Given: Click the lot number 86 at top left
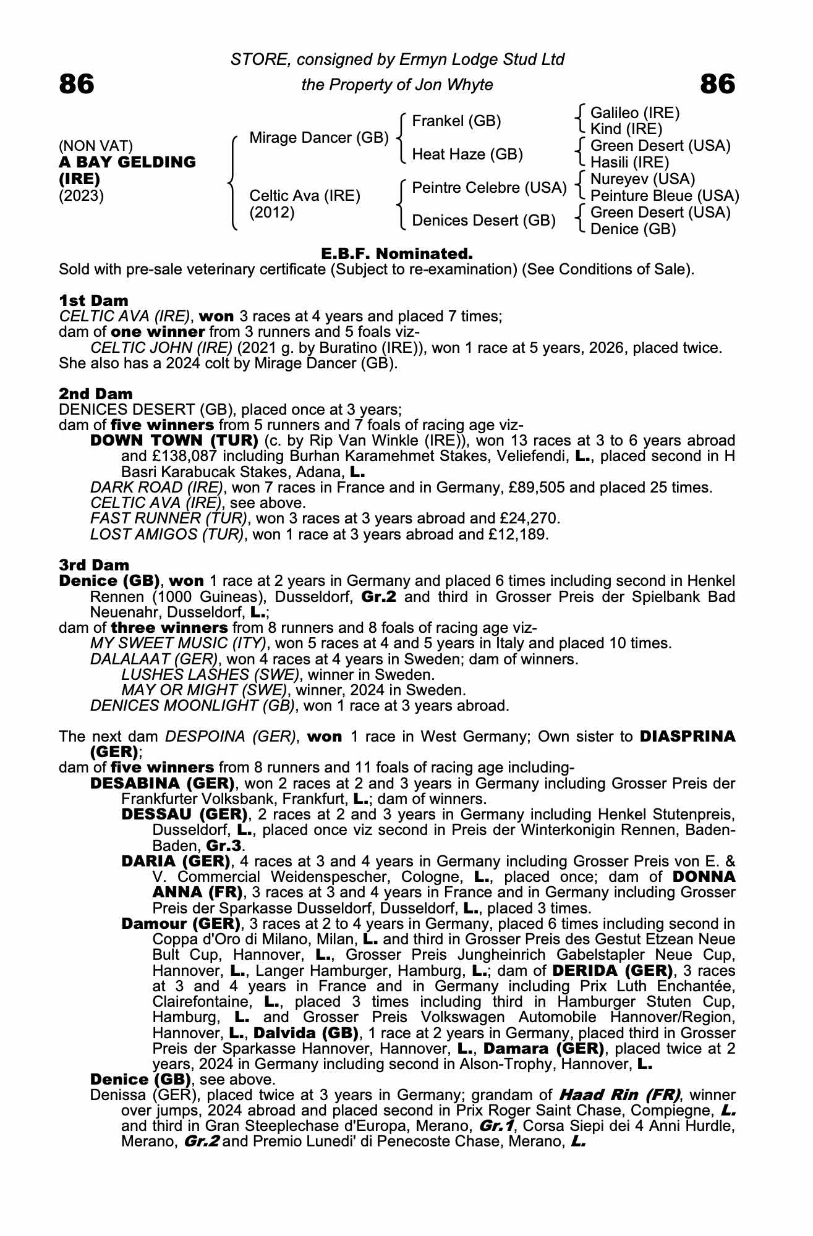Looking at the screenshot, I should click(77, 84).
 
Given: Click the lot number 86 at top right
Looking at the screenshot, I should click(718, 84).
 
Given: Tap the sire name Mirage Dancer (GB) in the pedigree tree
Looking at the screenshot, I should click(318, 138).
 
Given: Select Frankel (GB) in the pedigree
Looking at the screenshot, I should click(456, 121).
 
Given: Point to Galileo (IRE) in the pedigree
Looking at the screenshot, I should click(635, 113).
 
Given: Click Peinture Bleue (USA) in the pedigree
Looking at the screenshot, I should click(665, 196).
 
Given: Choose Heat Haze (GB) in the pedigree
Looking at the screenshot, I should click(467, 154).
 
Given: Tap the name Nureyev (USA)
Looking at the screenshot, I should click(642, 179).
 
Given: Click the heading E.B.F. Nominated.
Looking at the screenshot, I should click(397, 253).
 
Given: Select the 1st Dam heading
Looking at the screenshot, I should click(93, 301).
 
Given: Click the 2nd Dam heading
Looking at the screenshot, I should click(95, 394).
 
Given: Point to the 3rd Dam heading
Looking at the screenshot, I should click(94, 565).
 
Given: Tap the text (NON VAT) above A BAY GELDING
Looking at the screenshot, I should click(96, 146).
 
